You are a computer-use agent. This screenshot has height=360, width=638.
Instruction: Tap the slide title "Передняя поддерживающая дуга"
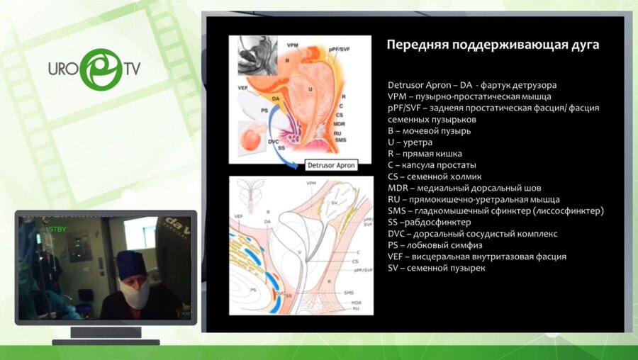pos(493,45)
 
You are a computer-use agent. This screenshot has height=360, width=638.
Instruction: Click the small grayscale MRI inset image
pos(257,55)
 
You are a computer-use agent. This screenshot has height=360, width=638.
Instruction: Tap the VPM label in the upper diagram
pos(293,45)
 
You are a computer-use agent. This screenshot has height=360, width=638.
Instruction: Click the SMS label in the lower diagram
pos(348,292)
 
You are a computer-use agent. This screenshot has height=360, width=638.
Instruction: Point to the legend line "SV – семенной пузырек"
pos(437,267)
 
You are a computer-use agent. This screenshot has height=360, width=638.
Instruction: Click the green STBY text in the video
pos(55,229)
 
